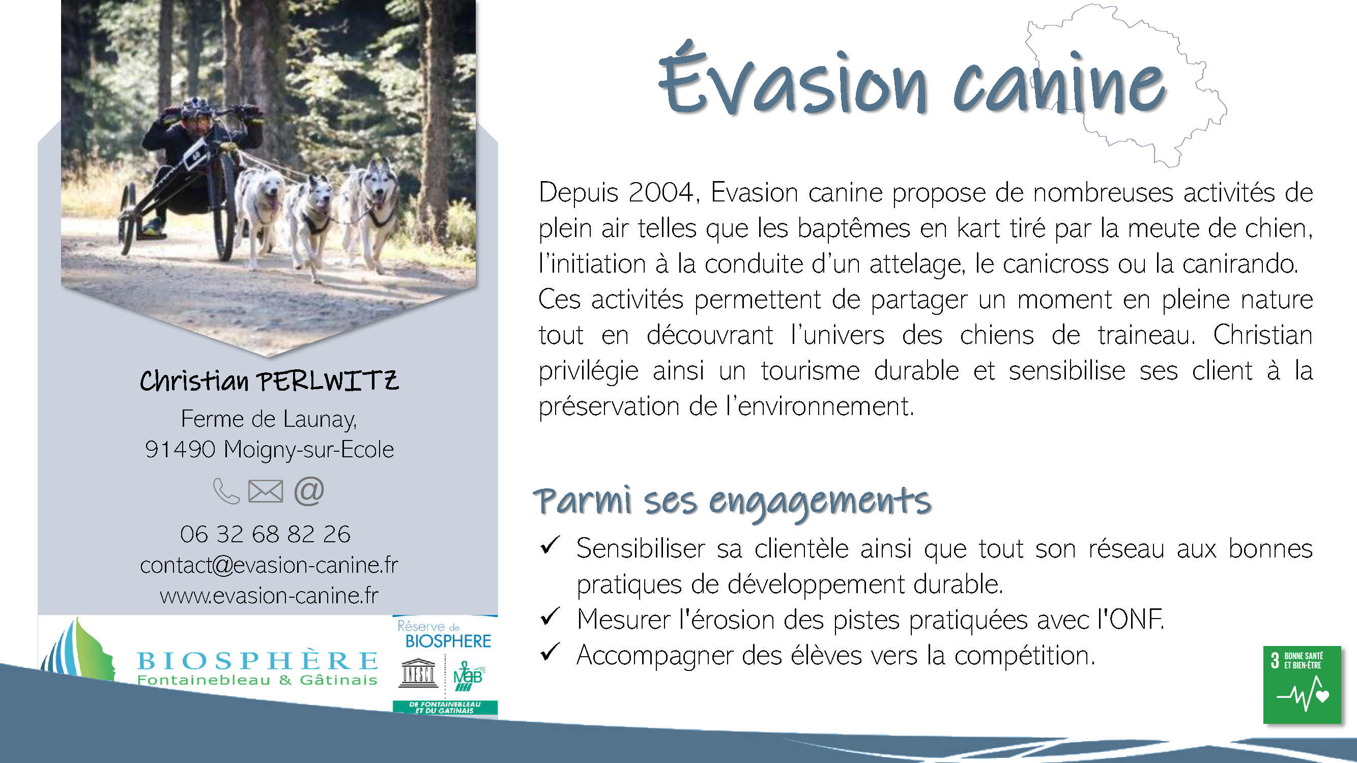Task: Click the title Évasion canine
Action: [913, 79]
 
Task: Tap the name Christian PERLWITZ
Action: [269, 380]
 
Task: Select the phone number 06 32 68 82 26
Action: [265, 534]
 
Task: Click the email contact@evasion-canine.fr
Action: [269, 565]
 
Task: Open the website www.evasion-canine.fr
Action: [269, 596]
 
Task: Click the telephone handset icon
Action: [226, 491]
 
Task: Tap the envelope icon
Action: [266, 491]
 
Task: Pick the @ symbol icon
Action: [309, 491]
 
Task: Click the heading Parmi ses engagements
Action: [732, 502]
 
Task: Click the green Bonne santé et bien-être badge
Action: [1302, 685]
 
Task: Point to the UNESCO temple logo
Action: [418, 673]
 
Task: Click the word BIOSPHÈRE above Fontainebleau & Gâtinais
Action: [257, 660]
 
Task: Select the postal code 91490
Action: [180, 450]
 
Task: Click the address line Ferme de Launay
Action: [269, 419]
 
